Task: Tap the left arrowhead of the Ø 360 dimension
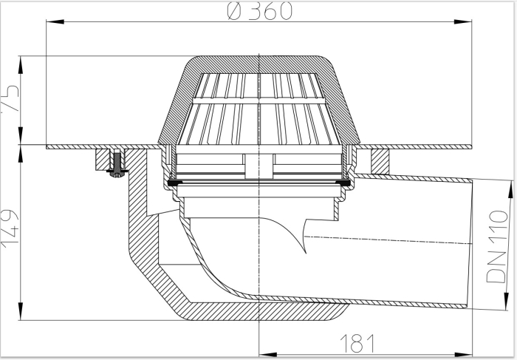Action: point(50,23)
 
